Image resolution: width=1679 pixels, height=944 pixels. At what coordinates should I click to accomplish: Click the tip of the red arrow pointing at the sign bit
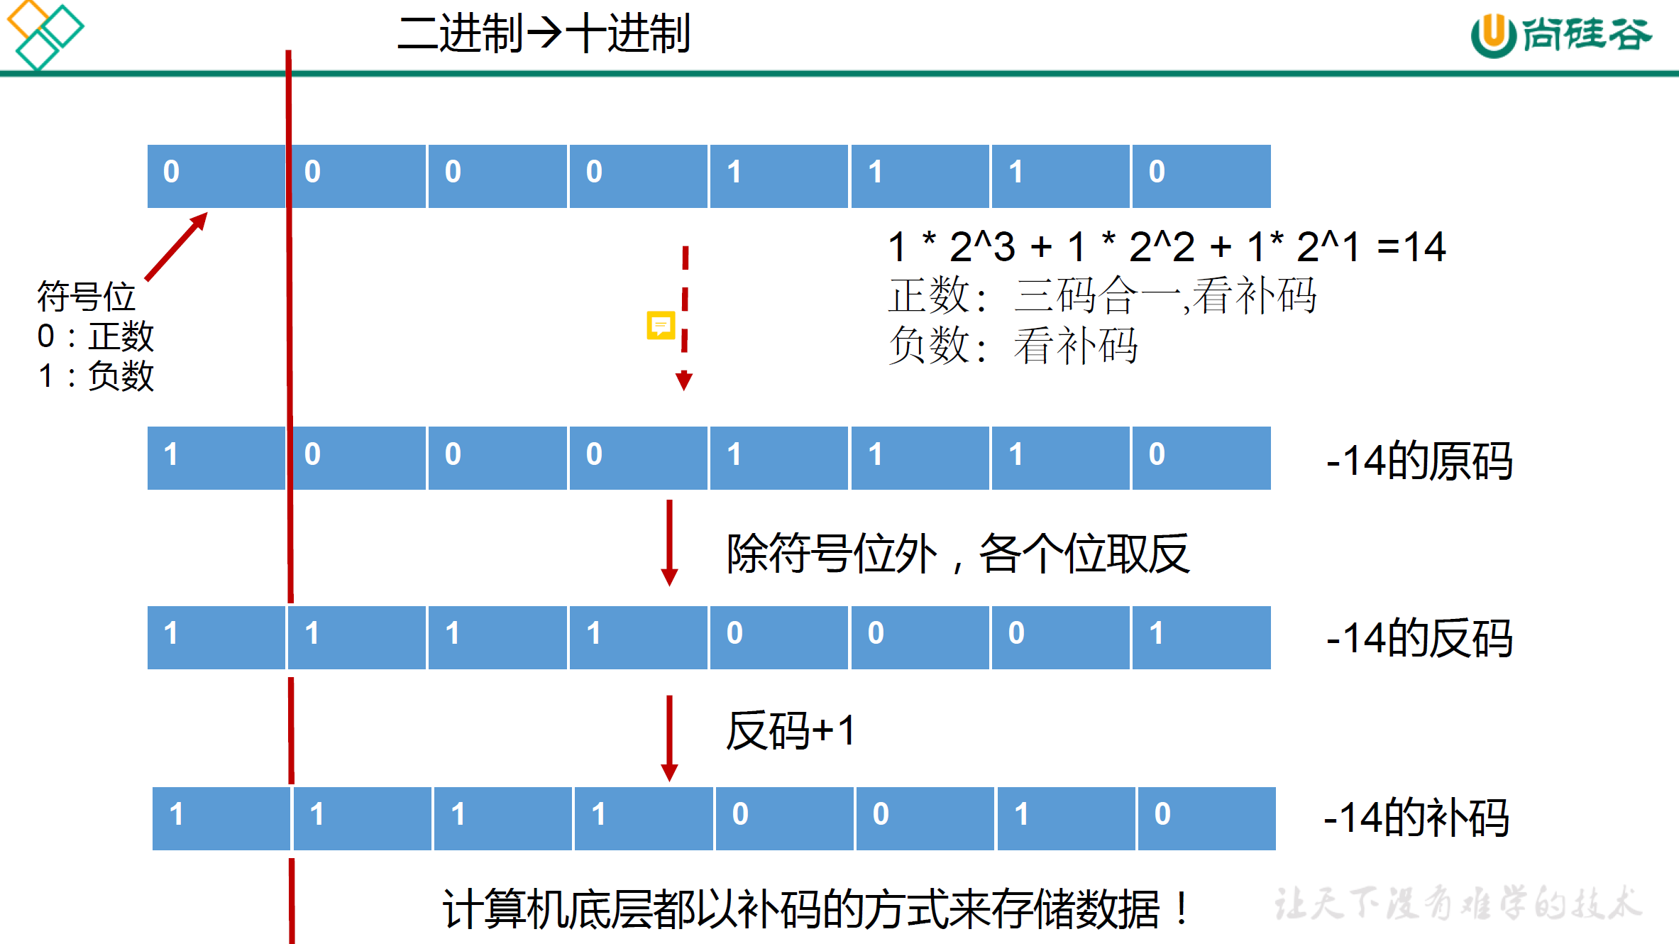click(x=207, y=212)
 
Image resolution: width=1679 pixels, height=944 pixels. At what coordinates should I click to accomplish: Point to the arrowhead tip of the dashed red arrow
click(x=684, y=390)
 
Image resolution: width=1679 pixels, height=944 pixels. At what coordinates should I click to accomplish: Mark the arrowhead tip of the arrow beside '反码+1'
click(x=669, y=781)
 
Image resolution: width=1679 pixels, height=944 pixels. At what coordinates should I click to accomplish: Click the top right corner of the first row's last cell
click(x=1270, y=146)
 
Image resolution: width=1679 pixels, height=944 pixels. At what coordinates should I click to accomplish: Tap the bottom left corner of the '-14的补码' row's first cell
click(x=153, y=850)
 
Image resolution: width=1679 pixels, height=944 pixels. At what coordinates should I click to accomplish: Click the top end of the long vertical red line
click(x=289, y=50)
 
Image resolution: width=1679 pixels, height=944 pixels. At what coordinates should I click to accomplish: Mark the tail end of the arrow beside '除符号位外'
click(x=669, y=500)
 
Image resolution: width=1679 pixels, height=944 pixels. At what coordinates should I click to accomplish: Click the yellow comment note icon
click(x=661, y=325)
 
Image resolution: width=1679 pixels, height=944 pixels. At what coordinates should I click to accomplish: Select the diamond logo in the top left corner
click(x=44, y=34)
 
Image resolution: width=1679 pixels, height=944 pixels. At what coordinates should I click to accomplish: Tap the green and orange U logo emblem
click(x=1493, y=35)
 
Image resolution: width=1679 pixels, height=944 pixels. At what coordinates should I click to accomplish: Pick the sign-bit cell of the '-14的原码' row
click(x=216, y=458)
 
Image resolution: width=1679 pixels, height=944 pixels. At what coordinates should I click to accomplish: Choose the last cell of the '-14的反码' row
click(x=1201, y=637)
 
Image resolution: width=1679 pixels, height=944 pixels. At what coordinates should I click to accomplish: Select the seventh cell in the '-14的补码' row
click(x=1066, y=818)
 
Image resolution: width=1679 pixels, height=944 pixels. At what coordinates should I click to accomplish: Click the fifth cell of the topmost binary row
click(x=778, y=176)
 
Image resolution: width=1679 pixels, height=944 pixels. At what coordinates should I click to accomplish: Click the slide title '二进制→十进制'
click(x=544, y=33)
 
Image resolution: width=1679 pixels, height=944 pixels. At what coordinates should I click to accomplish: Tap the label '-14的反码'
click(x=1419, y=638)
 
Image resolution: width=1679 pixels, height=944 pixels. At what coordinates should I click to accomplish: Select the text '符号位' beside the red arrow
click(x=86, y=296)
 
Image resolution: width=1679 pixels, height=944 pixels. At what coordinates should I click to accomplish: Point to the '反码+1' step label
click(x=791, y=731)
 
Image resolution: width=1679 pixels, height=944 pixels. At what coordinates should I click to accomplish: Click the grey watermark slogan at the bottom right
click(x=1458, y=904)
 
